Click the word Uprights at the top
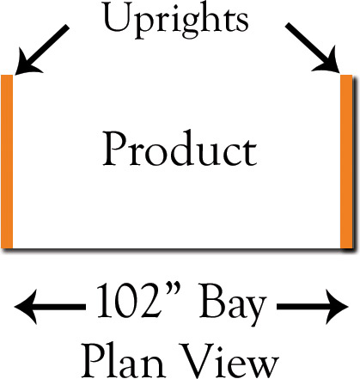pyautogui.click(x=176, y=20)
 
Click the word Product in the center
pyautogui.click(x=180, y=148)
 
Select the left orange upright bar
pyautogui.click(x=7, y=162)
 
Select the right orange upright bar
pyautogui.click(x=346, y=162)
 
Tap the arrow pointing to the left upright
pyautogui.click(x=42, y=50)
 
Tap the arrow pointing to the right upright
pyautogui.click(x=313, y=48)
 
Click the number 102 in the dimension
pyautogui.click(x=128, y=301)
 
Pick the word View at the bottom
pyautogui.click(x=229, y=362)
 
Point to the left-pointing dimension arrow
pyautogui.click(x=50, y=307)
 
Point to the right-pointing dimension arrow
pyautogui.click(x=313, y=307)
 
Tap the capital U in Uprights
pyautogui.click(x=117, y=16)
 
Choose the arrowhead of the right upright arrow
pyautogui.click(x=327, y=63)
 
